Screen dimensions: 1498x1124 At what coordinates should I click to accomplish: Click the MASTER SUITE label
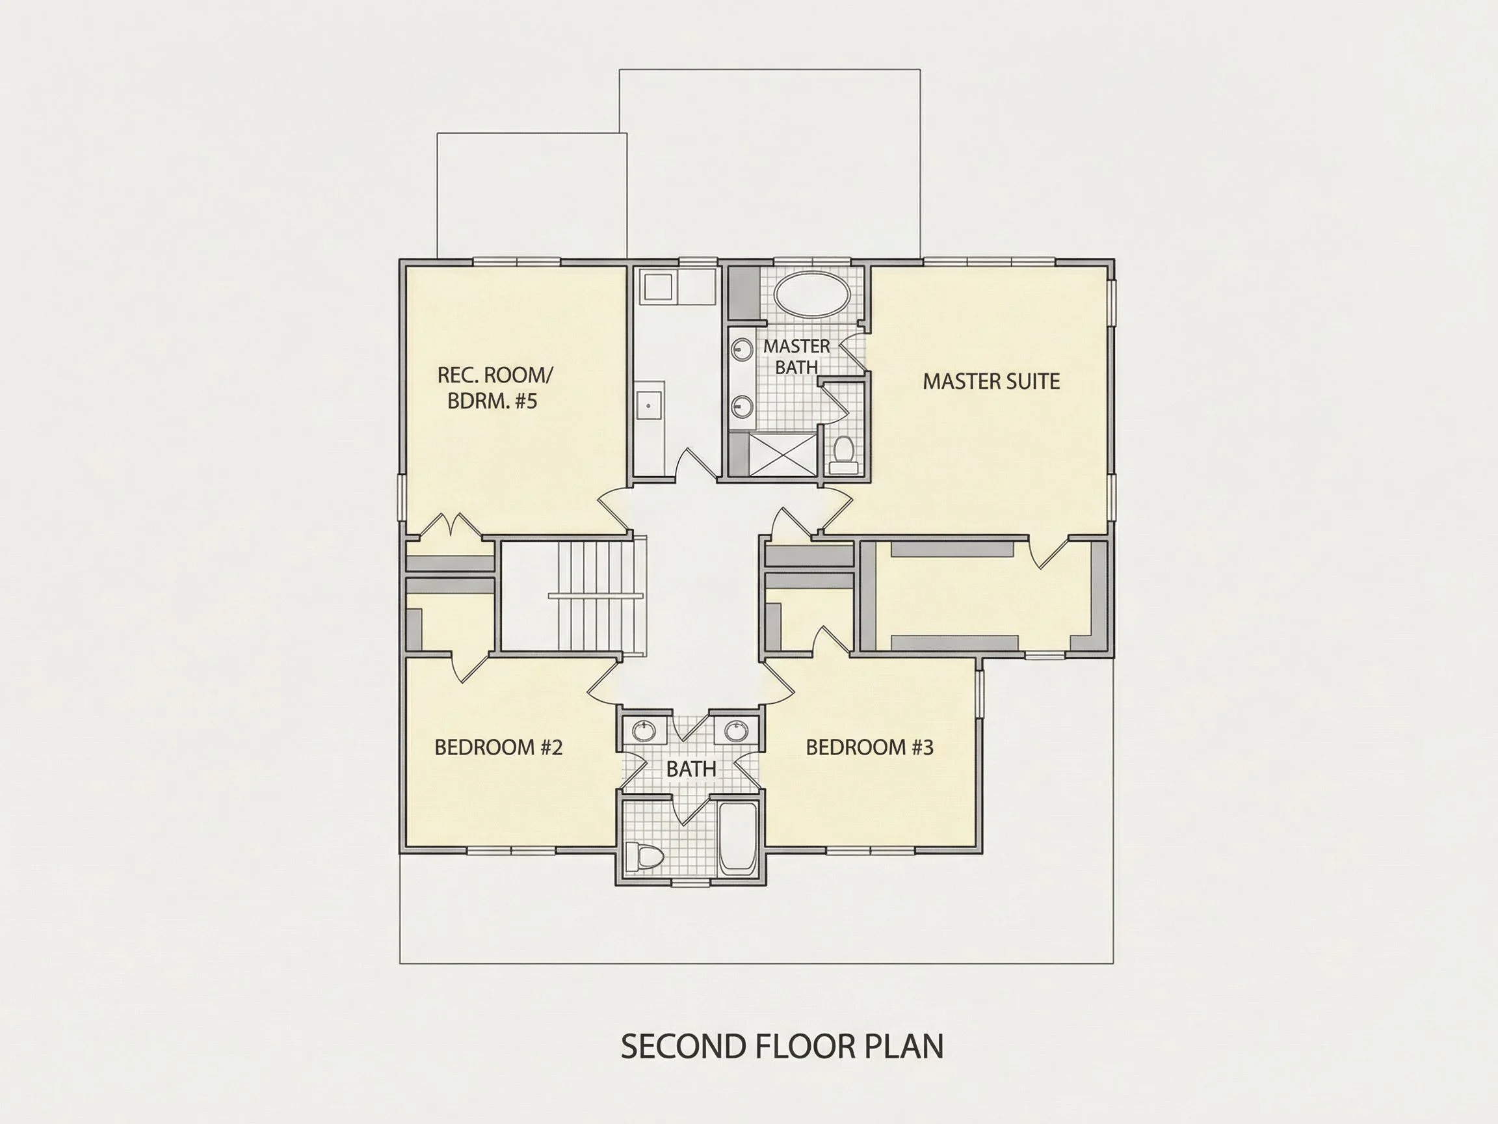[x=991, y=381]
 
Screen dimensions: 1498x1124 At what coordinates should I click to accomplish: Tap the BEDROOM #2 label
[x=499, y=747]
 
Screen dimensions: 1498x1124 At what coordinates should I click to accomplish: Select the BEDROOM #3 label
[x=869, y=747]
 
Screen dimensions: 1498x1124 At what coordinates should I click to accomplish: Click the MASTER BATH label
[x=796, y=356]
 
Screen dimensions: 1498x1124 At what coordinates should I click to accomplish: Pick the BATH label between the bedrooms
[x=690, y=769]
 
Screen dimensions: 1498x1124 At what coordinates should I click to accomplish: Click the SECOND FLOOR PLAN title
[x=782, y=1046]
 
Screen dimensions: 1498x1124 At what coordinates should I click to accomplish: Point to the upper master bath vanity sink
[x=743, y=349]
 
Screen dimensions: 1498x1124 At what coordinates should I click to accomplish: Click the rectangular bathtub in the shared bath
[x=737, y=838]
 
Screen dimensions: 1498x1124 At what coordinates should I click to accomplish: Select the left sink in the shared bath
[x=644, y=731]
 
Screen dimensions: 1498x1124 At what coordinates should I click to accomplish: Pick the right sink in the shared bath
[x=736, y=731]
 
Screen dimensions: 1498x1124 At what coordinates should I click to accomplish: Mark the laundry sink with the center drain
[x=649, y=406]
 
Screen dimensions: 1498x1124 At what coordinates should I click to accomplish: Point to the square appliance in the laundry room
[x=657, y=287]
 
